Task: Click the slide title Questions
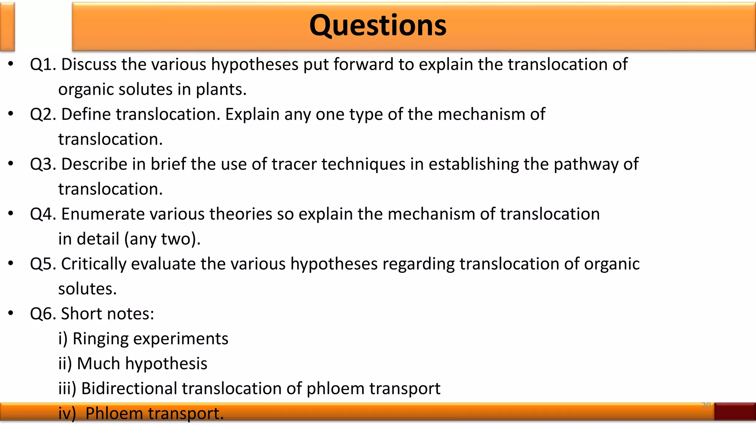[378, 26]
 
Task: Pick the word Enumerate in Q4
[103, 214]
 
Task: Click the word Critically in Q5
[93, 264]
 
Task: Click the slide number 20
[706, 406]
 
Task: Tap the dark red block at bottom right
[735, 411]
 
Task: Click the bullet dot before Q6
[11, 314]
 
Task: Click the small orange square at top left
[7, 26]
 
